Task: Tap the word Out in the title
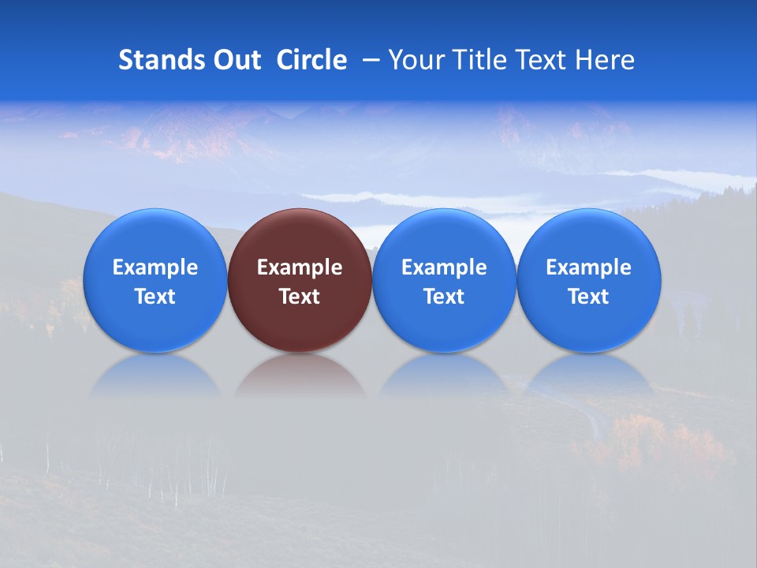(236, 60)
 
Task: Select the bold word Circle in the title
(311, 60)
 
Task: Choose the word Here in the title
(606, 60)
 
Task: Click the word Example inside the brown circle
(300, 267)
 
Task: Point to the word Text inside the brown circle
(300, 297)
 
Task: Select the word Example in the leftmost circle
(155, 267)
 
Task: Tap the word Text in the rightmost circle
(589, 297)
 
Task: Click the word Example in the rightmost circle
(589, 267)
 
